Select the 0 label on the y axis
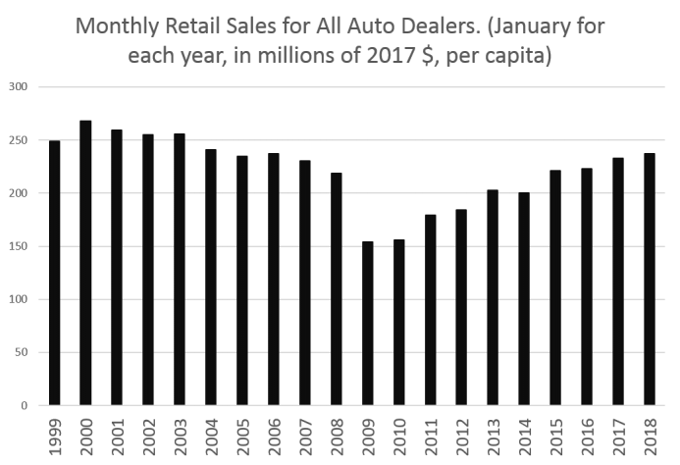click(x=29, y=405)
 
